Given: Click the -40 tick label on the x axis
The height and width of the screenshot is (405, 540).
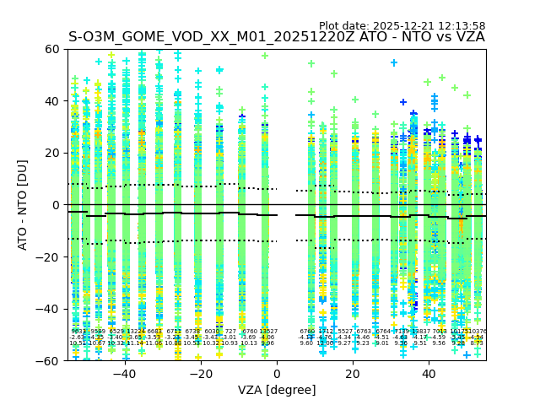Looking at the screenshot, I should pos(124,374).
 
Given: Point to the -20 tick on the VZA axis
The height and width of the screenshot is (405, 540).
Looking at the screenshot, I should pos(200,374).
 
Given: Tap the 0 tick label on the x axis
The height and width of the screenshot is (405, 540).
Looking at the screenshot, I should pos(277,374).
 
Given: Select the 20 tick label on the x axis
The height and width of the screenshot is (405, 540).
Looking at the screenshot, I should pos(353,374).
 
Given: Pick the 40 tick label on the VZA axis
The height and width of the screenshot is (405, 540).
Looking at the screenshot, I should pos(429,374).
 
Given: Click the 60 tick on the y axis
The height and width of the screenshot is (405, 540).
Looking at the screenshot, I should pos(52,49).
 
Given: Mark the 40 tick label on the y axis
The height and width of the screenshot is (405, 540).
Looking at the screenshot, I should pos(52,101).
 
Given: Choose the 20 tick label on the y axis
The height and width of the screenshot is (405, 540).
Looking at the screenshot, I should pos(52,153).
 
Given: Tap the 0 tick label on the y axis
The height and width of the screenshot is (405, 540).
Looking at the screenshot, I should pos(56,205).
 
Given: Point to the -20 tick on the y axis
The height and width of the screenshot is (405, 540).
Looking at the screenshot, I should pos(49,256).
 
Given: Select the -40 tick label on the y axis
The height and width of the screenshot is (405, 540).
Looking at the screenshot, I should pos(49,309).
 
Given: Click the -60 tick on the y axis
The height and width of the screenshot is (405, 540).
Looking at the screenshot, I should pos(49,360).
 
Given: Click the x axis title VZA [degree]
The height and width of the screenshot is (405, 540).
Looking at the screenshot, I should pos(277,390).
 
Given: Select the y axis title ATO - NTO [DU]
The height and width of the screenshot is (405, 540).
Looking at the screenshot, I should pos(23,205).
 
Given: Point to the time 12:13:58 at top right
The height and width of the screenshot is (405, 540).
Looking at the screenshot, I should pos(463,26).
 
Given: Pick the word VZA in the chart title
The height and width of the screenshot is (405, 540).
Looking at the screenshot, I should pos(469,37).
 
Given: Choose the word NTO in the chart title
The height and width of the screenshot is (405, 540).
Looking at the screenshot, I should pos(396,37).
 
